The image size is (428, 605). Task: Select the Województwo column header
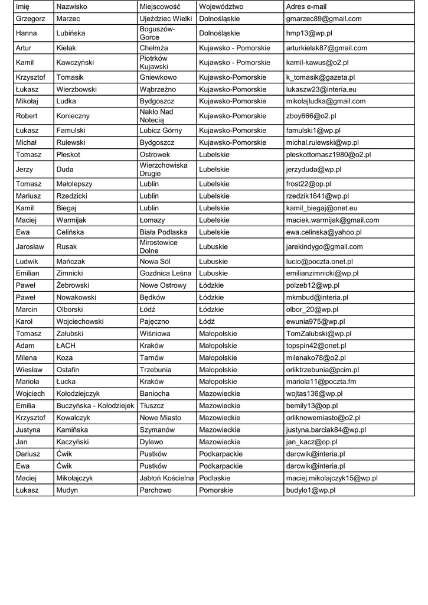click(x=221, y=6)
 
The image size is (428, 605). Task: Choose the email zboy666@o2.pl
click(x=311, y=116)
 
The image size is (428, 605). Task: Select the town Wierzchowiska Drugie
click(x=163, y=170)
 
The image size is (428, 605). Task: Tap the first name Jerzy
click(x=25, y=170)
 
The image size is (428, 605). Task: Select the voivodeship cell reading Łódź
click(x=210, y=321)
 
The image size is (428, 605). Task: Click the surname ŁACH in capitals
click(x=66, y=346)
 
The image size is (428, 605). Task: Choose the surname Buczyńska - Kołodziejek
click(x=95, y=406)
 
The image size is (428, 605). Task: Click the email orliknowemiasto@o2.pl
click(x=323, y=418)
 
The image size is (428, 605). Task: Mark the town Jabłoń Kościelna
click(x=166, y=478)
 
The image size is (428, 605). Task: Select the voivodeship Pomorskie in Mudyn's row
click(x=216, y=490)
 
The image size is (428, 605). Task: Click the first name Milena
click(x=27, y=357)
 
